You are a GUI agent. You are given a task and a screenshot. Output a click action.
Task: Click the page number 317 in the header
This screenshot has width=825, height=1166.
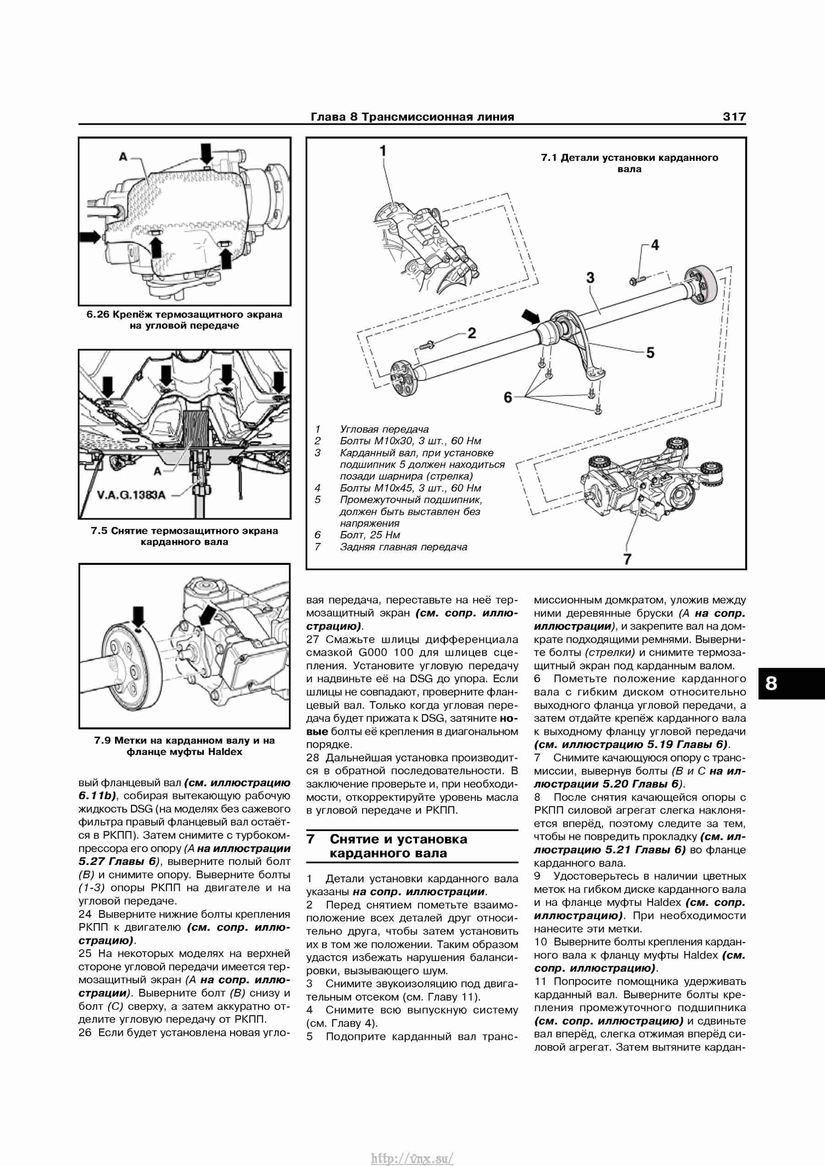[734, 117]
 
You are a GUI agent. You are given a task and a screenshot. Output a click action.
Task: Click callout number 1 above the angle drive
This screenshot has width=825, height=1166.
[383, 151]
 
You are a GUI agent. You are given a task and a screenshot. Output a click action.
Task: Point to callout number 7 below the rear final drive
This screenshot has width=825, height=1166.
[627, 559]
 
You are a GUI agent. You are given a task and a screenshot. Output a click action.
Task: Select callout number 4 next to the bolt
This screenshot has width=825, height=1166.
[655, 245]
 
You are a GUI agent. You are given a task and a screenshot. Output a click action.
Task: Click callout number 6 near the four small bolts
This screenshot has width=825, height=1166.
[507, 397]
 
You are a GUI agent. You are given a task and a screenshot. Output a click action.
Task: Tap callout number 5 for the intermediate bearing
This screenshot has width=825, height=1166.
[650, 352]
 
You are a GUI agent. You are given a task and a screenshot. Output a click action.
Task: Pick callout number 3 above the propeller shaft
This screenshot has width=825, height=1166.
[590, 278]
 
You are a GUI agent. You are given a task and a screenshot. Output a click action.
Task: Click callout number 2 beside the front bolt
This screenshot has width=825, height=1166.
[472, 333]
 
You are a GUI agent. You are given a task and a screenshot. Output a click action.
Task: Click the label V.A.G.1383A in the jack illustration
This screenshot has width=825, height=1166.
[131, 495]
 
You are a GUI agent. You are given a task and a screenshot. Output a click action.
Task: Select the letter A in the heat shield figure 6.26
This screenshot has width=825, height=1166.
[123, 157]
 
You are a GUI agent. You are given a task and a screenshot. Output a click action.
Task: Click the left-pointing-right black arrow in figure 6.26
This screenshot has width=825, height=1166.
[90, 237]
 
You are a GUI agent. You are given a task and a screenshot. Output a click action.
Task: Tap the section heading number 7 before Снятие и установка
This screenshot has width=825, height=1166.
[311, 839]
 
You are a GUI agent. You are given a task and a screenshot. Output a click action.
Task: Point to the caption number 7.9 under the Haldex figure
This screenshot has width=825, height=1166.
[103, 740]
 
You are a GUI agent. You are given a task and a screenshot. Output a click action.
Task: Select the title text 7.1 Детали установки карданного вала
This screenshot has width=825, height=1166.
[629, 163]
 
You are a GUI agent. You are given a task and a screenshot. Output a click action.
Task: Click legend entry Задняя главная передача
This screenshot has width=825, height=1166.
[403, 547]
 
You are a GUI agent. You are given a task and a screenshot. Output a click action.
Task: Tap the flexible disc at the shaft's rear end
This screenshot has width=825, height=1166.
[701, 285]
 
